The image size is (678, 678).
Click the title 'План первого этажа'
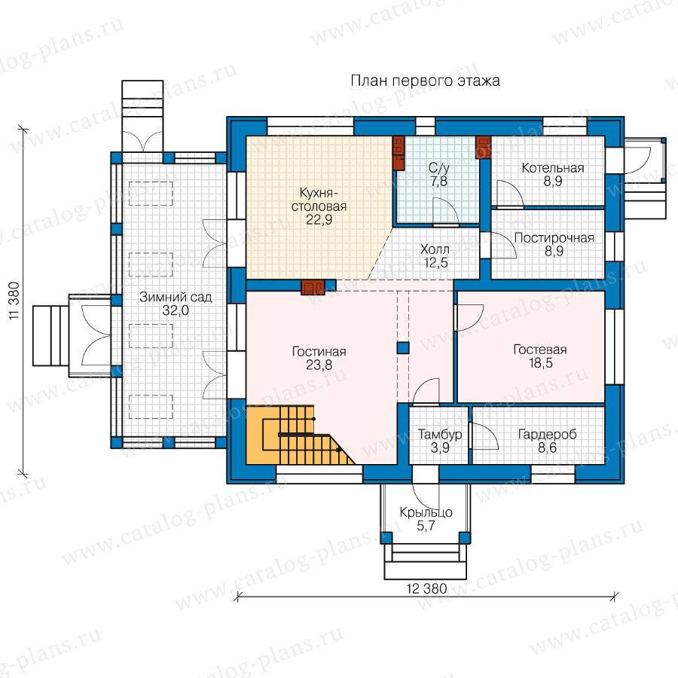pos(425,81)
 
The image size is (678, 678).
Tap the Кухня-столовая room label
pos(319,200)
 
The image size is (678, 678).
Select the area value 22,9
pos(319,220)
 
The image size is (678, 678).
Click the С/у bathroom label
pos(439,168)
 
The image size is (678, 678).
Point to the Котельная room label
pos(553,168)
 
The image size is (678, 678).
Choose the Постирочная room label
pos(554,238)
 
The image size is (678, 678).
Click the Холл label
pos(435,249)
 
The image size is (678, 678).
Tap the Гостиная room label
pos(319,352)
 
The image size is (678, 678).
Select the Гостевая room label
pos(540,350)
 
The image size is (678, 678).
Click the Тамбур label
pos(440,435)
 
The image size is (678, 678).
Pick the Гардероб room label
pos(547,435)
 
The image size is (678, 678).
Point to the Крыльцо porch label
pos(426,513)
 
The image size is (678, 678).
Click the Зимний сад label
pos(176,297)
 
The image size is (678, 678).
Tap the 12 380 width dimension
pos(426,588)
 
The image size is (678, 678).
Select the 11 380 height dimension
pos(14,301)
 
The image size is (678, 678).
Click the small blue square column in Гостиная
pos(403,348)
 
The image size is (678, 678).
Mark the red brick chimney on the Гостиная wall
pos(313,288)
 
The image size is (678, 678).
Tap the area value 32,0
pos(176,310)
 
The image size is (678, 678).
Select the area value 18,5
pos(540,363)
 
